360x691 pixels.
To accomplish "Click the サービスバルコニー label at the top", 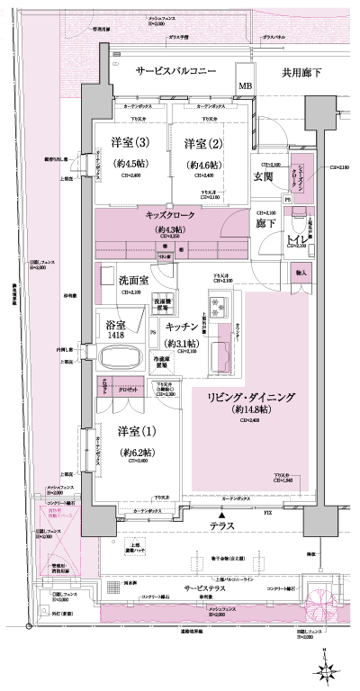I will (x=175, y=71).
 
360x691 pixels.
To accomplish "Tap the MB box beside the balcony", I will (x=244, y=86).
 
